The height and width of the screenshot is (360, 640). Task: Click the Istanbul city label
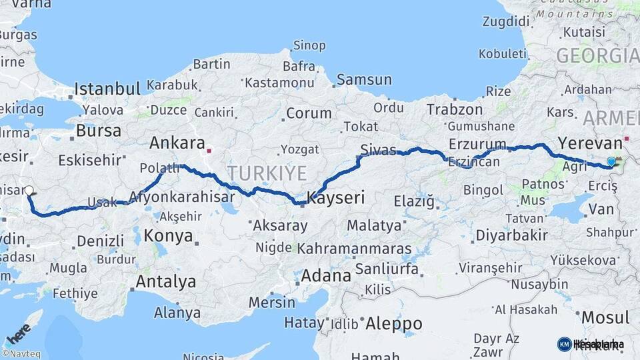[107, 89]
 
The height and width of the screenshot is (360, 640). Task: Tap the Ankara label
[177, 143]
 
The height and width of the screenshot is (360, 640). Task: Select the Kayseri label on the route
[336, 197]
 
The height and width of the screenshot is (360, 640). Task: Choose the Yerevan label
[589, 142]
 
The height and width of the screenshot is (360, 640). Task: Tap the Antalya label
[165, 281]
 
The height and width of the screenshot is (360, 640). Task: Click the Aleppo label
[394, 324]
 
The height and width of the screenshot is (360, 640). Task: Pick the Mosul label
[605, 317]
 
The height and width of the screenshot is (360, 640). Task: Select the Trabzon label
[455, 109]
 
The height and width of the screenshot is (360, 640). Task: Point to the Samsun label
[364, 79]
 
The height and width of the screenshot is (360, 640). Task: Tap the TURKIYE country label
[267, 173]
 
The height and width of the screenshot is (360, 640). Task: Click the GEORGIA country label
[597, 55]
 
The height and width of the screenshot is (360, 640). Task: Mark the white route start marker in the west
[29, 190]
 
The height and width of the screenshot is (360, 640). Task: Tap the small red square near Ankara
[209, 150]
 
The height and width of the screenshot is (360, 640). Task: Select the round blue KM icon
[564, 344]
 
